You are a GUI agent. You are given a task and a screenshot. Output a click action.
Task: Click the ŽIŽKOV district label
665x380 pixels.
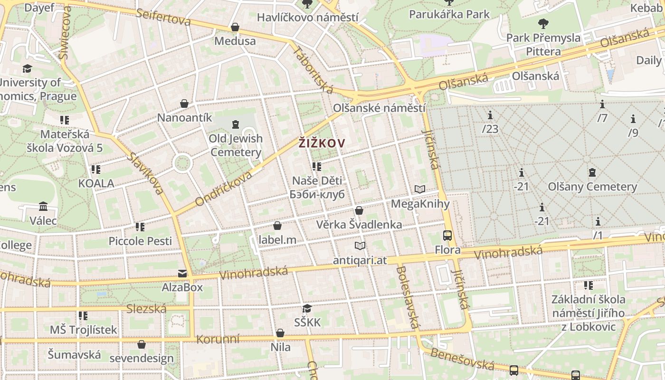(322, 142)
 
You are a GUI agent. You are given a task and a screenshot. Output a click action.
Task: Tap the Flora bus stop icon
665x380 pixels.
(447, 235)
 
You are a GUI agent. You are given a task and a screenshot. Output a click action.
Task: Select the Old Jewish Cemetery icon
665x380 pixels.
(235, 125)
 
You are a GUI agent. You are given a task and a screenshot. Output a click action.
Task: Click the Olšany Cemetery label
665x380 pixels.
(592, 187)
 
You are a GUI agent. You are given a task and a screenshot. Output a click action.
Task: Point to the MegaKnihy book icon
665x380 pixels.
(419, 190)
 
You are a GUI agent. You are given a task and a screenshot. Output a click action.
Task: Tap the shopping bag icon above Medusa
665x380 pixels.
(235, 27)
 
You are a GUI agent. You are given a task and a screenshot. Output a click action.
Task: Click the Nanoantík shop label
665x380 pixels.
(184, 117)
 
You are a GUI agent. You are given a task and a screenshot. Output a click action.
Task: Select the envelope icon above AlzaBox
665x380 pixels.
(182, 274)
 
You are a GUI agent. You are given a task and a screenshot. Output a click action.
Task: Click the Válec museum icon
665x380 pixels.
(43, 207)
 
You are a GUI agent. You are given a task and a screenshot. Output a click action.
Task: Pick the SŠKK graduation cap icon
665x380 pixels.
(307, 309)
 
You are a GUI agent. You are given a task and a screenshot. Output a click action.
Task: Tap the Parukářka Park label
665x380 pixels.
(449, 14)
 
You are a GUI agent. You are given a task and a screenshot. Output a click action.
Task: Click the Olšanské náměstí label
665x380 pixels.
(379, 108)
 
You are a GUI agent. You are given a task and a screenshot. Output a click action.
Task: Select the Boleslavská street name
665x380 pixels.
(407, 297)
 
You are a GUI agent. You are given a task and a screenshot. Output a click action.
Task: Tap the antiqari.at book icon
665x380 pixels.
(360, 246)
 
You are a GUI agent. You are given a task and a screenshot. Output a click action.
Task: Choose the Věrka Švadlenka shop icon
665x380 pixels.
(359, 210)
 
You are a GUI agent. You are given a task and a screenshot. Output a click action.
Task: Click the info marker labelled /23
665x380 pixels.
(490, 115)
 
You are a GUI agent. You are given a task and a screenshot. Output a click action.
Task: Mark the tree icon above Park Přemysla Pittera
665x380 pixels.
(543, 23)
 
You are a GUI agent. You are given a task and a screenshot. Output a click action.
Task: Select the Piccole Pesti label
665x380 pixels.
(140, 241)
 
